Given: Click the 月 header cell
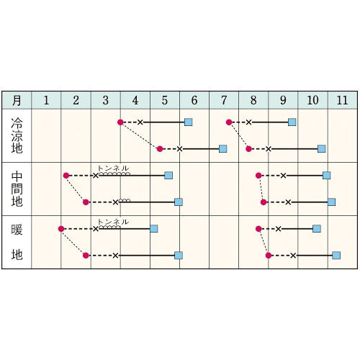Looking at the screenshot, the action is [17, 100].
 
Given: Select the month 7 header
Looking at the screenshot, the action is [224, 100].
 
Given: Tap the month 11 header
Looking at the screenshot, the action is [343, 100].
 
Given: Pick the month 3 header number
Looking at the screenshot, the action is [106, 100].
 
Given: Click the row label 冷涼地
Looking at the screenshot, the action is [17, 135].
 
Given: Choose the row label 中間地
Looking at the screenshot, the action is [17, 189].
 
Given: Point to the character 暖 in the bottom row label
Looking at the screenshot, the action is [17, 230].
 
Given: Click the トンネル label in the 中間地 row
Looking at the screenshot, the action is [113, 168].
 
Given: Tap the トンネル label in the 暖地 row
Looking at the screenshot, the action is [113, 222].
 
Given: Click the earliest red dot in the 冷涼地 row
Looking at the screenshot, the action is [120, 122].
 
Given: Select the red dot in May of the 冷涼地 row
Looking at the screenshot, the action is [160, 149].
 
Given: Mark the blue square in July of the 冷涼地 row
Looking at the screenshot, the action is [223, 149].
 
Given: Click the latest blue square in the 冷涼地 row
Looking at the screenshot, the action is [322, 149].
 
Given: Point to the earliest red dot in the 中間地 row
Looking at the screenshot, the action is [66, 176].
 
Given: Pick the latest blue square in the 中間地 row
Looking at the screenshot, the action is [331, 202].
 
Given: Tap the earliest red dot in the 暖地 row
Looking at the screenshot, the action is [61, 229].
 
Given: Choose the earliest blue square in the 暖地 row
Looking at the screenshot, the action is [154, 229].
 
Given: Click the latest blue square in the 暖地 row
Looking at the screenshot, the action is [336, 256].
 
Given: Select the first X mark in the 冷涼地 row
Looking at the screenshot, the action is [140, 122].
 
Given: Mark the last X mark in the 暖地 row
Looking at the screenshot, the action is [293, 256].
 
